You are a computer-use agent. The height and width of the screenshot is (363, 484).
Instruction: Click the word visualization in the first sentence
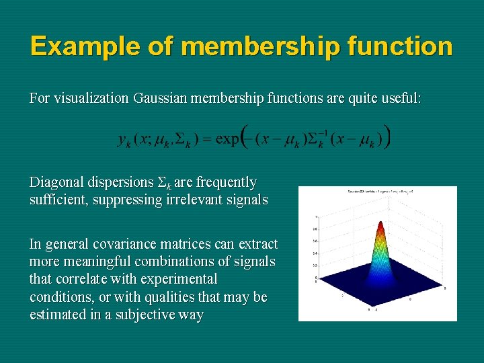91,98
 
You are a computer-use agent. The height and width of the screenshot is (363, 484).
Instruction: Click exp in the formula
227,139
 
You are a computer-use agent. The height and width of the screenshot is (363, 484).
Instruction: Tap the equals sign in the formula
206,140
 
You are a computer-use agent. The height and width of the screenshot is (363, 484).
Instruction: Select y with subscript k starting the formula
125,140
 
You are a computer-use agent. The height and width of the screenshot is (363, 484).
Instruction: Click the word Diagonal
56,182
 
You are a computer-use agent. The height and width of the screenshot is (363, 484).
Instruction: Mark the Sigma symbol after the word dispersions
162,183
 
